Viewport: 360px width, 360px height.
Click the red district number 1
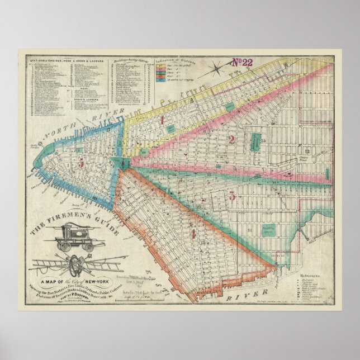pyautogui.click(x=162, y=120)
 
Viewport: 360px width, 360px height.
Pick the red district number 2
pyautogui.click(x=231, y=140)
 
